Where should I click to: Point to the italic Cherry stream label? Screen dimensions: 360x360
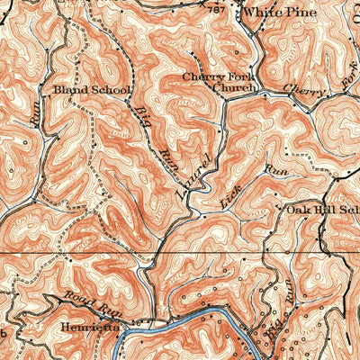(300, 90)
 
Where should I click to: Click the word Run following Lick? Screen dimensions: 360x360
(275, 168)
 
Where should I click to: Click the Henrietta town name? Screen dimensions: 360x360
(82, 328)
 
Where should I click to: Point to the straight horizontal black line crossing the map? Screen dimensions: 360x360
(90, 252)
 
